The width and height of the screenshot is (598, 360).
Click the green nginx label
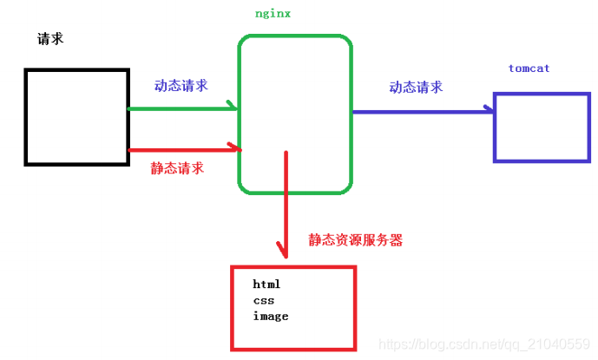tap(273, 15)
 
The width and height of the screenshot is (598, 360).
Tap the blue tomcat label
tap(529, 68)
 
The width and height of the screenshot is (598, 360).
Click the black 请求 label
tap(50, 39)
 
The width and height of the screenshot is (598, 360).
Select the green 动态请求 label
tap(181, 85)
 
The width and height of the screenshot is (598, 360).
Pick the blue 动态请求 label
tap(416, 87)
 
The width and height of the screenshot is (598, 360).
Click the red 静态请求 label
tap(177, 168)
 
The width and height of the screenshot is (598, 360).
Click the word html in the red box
tap(266, 285)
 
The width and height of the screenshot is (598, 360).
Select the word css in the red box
tap(263, 300)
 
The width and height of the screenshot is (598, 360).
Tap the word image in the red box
tap(270, 316)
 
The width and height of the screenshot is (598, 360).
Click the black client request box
tap(76, 116)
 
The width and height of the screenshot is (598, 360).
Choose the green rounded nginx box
tap(295, 113)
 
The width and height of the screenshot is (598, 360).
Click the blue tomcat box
tap(541, 128)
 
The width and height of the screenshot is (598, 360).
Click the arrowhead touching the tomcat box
tap(490, 111)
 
